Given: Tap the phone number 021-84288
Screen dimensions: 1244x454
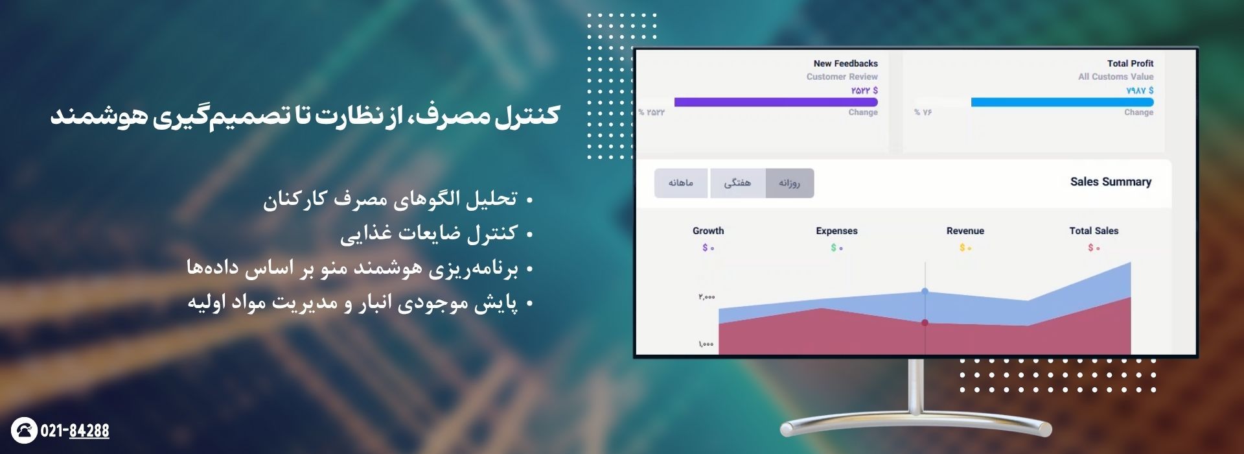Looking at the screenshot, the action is (x=75, y=431).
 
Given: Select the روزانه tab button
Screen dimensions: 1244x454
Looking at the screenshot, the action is (x=789, y=184).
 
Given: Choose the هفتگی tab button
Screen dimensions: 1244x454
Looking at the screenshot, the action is (x=737, y=184).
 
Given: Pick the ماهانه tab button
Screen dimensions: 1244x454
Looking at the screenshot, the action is (x=681, y=184).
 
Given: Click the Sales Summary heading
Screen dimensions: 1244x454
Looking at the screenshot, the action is (x=1111, y=182).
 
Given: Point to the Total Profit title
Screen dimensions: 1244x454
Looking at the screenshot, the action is (x=1130, y=64).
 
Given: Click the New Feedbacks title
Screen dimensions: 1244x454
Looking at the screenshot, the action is (x=846, y=64).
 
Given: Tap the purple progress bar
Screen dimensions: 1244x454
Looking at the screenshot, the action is (x=776, y=102).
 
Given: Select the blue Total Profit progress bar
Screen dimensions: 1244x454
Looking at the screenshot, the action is (x=1063, y=102).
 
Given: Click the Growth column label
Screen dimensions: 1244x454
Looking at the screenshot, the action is (x=708, y=231).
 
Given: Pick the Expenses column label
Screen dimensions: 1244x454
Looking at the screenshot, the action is (x=836, y=231).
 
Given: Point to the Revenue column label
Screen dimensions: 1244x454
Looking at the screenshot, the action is (x=965, y=231).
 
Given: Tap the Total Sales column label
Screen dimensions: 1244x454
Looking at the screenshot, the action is (x=1094, y=231).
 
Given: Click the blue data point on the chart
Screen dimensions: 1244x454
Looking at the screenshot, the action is (x=925, y=291).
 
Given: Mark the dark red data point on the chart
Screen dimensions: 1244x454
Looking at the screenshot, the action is (x=925, y=322).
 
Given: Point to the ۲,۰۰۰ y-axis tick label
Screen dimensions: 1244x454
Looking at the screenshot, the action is (x=707, y=297).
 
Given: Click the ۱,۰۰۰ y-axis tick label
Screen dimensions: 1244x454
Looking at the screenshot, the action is (x=706, y=344).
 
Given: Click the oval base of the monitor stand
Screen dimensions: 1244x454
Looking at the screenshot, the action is (x=916, y=428).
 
